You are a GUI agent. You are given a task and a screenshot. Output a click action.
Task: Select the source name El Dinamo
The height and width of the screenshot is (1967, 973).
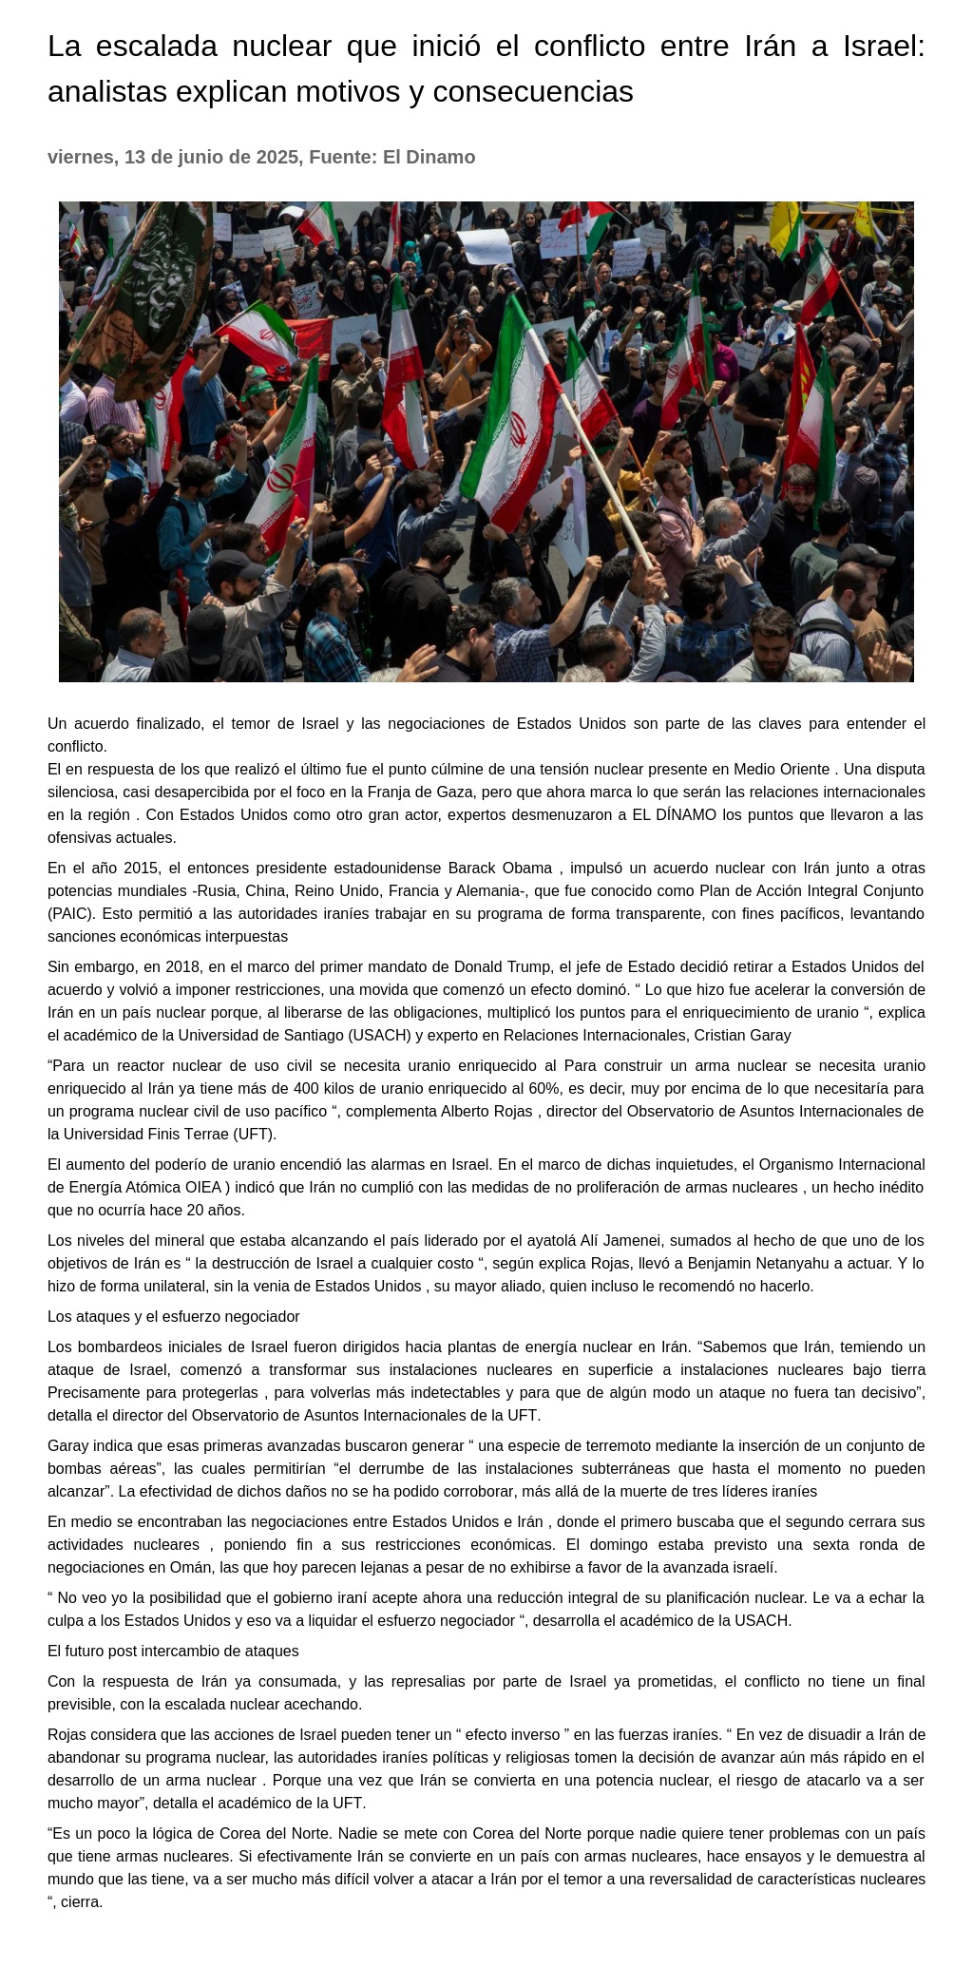tap(429, 157)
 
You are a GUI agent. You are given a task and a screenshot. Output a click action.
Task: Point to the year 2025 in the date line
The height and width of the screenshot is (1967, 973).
tap(277, 157)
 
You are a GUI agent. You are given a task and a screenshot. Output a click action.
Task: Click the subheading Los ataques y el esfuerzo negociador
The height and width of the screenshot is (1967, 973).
tap(174, 1316)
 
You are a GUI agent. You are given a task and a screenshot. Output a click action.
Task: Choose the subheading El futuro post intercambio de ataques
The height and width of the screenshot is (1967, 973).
tap(173, 1651)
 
